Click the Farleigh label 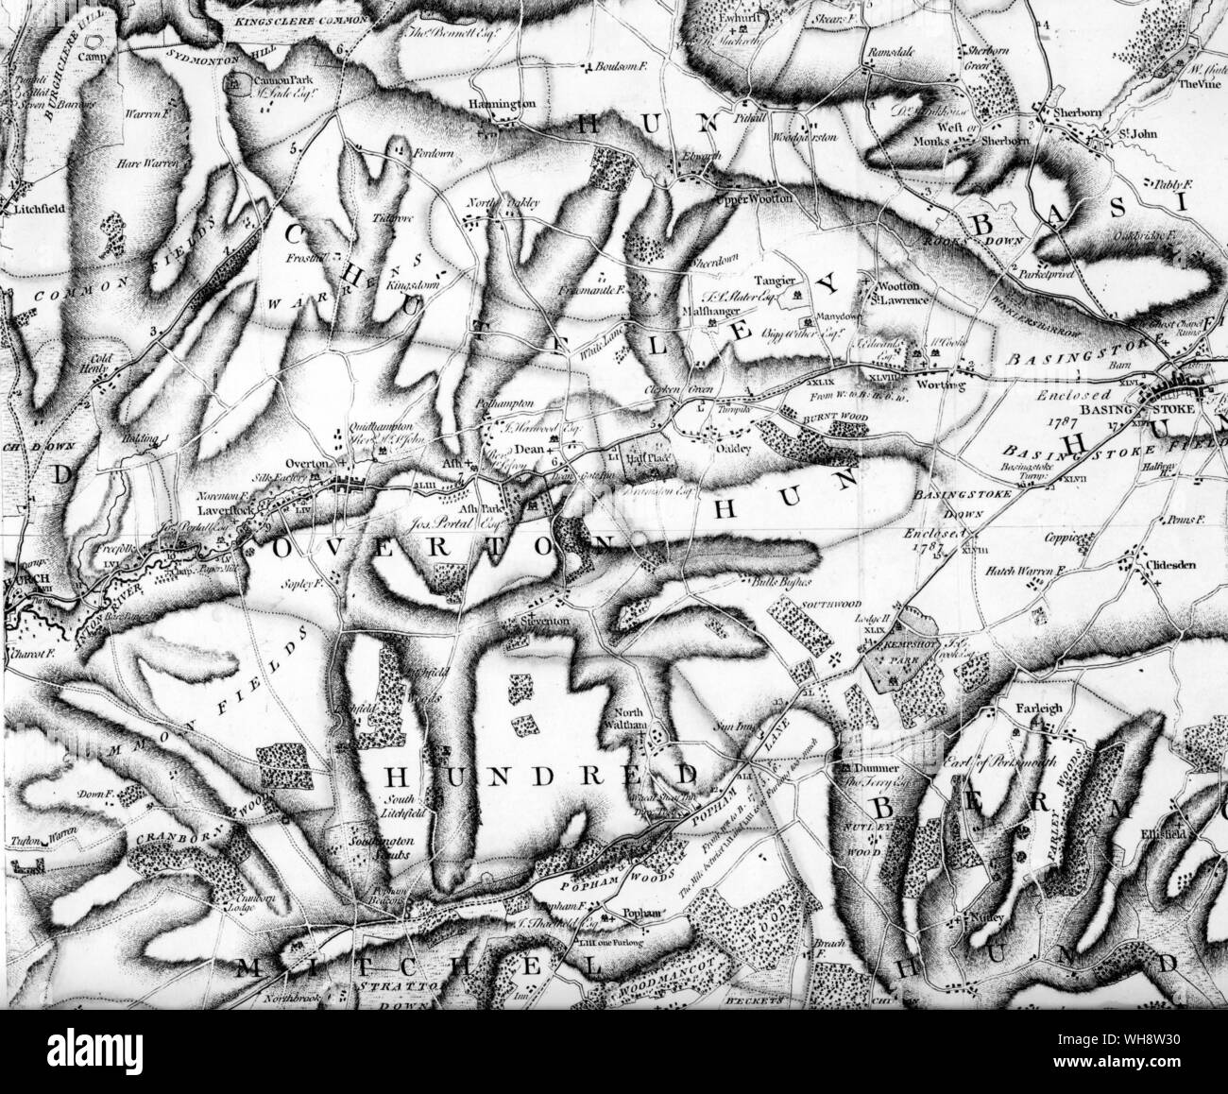coord(1034,704)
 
